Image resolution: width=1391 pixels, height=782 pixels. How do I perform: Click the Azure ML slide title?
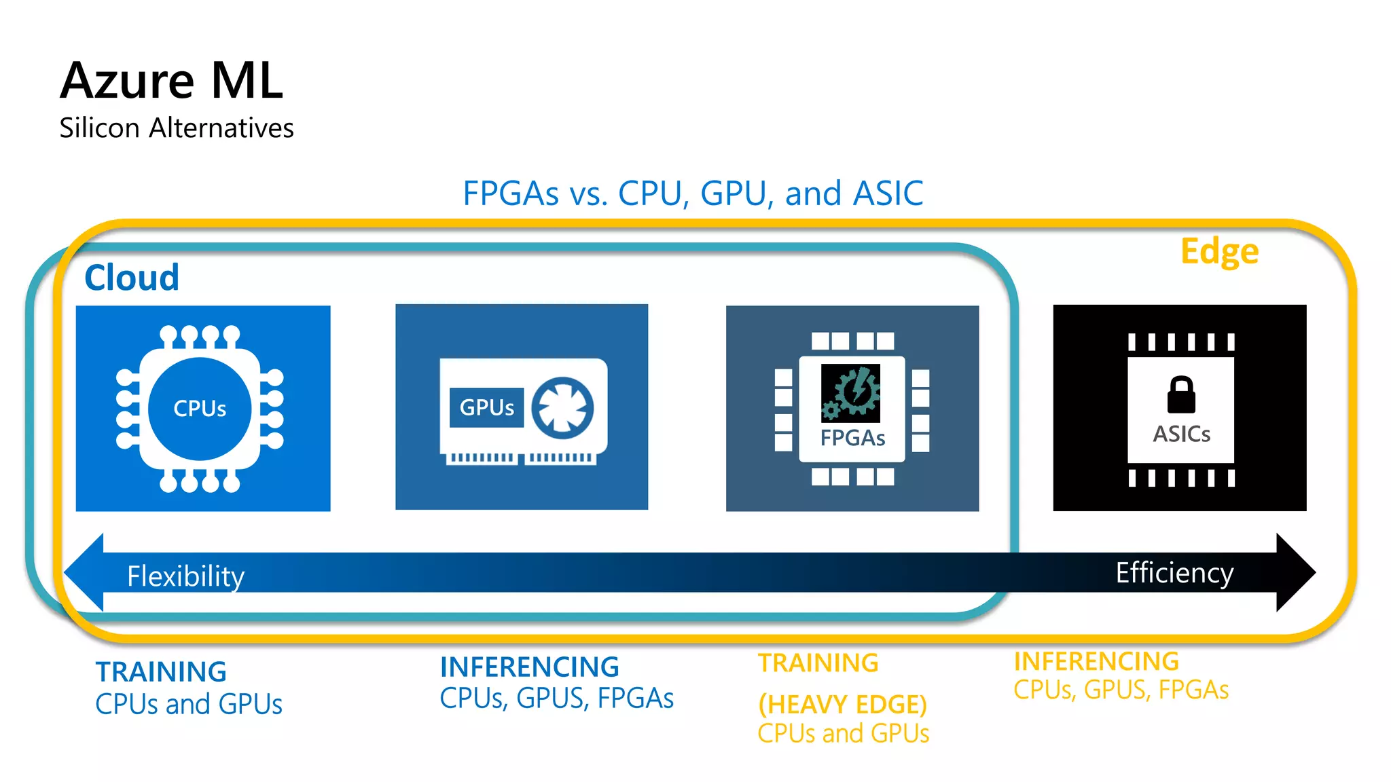coord(171,81)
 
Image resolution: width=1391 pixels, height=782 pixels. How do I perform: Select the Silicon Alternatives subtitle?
coord(177,128)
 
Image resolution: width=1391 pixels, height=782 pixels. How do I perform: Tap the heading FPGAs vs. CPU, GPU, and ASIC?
coord(693,193)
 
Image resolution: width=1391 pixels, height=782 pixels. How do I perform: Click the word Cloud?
coord(132,278)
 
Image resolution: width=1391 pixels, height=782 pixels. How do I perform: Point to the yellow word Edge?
coord(1219,251)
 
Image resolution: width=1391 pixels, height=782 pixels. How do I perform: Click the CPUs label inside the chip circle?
coord(200,409)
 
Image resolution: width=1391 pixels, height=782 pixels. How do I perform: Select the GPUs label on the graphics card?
coord(486,407)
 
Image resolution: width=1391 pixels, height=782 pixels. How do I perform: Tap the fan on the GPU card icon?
coord(562,408)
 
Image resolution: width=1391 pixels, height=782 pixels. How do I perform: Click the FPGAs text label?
coord(852,438)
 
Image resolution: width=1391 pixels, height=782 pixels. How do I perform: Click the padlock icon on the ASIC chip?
coord(1181,394)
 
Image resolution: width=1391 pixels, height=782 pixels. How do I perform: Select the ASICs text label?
coord(1181,434)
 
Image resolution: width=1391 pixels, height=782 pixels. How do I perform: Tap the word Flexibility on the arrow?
coord(185,576)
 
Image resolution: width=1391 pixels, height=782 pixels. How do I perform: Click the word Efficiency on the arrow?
coord(1174,573)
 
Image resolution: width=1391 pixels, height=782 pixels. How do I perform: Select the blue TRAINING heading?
coord(161,672)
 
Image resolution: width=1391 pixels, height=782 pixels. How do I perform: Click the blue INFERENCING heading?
coord(529,667)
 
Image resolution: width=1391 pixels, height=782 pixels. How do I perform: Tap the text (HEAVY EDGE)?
coord(842,705)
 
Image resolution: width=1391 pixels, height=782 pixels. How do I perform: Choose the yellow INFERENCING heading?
coord(1096,661)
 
